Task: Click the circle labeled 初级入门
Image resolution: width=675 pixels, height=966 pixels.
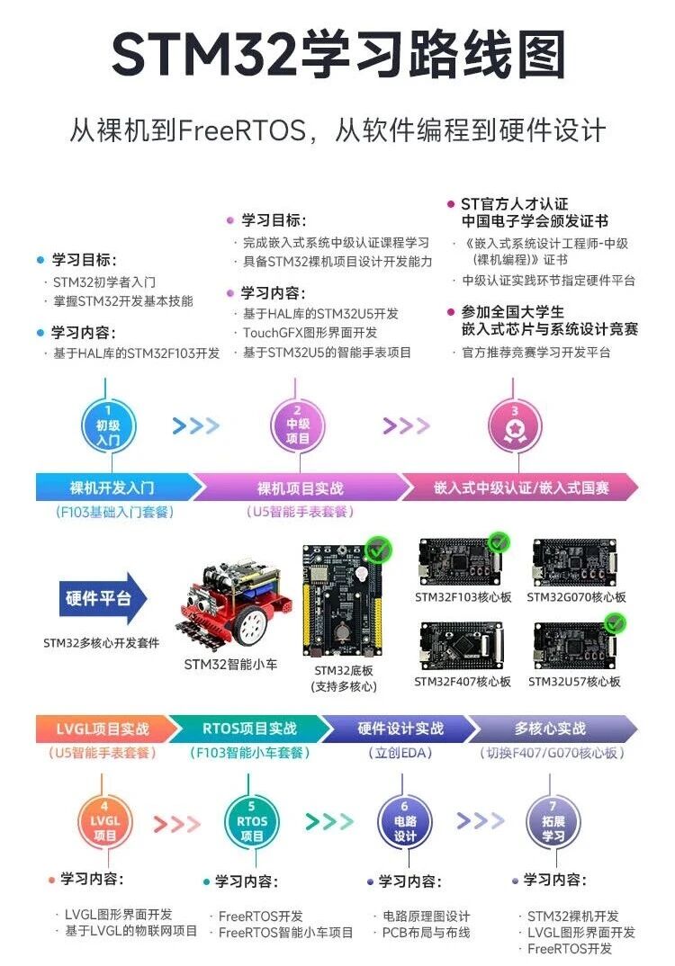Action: (108, 424)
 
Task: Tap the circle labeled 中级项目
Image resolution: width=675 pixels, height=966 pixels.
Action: (297, 424)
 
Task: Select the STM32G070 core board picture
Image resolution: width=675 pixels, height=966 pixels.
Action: (576, 561)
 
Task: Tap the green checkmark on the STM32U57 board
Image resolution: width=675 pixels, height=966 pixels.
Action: (616, 622)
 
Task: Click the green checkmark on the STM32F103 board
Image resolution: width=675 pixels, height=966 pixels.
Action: (498, 542)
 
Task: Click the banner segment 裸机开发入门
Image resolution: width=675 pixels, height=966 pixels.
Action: (112, 487)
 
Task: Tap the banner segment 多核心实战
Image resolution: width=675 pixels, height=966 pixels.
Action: (551, 729)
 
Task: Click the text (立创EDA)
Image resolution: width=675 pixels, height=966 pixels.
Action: (400, 753)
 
